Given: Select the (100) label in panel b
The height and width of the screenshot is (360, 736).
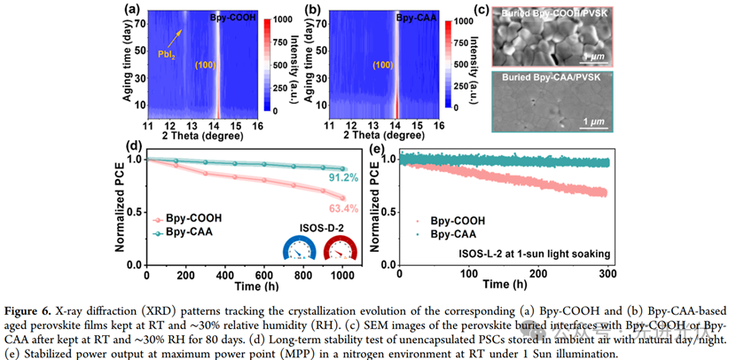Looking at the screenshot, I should tap(380, 64).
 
